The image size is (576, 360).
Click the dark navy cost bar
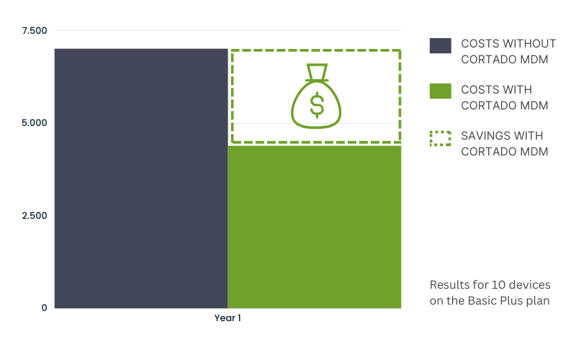pyautogui.click(x=141, y=178)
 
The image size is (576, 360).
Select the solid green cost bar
pyautogui.click(x=315, y=227)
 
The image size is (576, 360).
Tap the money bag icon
pyautogui.click(x=316, y=96)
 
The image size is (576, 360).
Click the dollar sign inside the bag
pyautogui.click(x=317, y=104)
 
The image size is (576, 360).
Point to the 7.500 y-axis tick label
pyautogui.click(x=35, y=30)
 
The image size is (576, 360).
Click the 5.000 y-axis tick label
pyautogui.click(x=35, y=122)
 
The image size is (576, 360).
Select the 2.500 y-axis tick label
pyautogui.click(x=35, y=215)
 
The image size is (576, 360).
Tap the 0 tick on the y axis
pyautogui.click(x=44, y=308)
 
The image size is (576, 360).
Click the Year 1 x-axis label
pyautogui.click(x=228, y=318)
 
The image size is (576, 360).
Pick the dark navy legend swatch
pyautogui.click(x=441, y=45)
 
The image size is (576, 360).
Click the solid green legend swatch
pyautogui.click(x=441, y=91)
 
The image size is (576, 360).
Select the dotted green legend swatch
pyautogui.click(x=441, y=138)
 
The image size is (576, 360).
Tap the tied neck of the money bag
pyautogui.click(x=317, y=80)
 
